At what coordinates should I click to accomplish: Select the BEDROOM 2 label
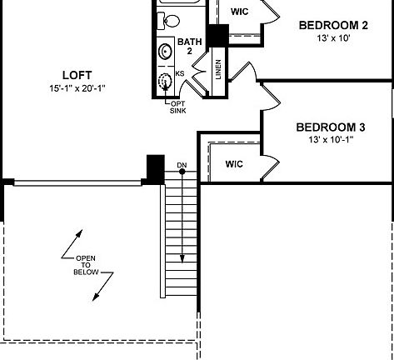pyautogui.click(x=332, y=25)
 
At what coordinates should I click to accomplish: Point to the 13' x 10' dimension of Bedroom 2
pyautogui.click(x=332, y=38)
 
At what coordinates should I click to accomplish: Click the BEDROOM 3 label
pyautogui.click(x=331, y=127)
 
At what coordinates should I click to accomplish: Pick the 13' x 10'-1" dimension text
pyautogui.click(x=331, y=140)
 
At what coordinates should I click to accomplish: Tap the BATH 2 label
pyautogui.click(x=190, y=47)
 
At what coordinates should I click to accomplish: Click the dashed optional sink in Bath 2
pyautogui.click(x=166, y=82)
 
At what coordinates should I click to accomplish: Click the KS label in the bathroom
pyautogui.click(x=180, y=73)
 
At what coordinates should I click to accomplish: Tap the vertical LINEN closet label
pyautogui.click(x=218, y=70)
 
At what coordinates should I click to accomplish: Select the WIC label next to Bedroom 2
pyautogui.click(x=238, y=12)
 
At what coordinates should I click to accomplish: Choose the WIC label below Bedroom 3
pyautogui.click(x=234, y=164)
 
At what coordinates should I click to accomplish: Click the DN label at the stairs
pyautogui.click(x=182, y=165)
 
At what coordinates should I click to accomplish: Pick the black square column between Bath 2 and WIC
pyautogui.click(x=217, y=36)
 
